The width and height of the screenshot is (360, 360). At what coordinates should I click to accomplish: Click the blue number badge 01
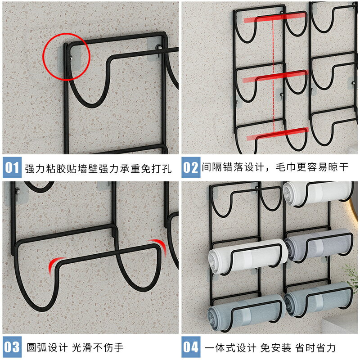(x=12, y=167)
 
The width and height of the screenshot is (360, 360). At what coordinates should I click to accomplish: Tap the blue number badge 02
(x=191, y=167)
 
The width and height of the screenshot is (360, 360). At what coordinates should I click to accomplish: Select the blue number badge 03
(x=12, y=347)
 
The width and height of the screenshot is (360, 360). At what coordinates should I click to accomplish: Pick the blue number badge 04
(x=191, y=347)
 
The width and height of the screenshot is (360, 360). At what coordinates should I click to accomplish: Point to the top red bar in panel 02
(x=275, y=17)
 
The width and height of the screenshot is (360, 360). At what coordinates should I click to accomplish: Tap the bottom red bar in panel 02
(x=277, y=134)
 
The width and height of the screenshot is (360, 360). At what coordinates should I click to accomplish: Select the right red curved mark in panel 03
(x=160, y=245)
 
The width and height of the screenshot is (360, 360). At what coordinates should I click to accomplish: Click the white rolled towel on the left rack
(x=248, y=256)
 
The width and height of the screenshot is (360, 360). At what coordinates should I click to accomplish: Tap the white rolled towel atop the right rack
(x=317, y=193)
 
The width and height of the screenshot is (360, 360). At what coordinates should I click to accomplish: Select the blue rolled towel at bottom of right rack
(x=319, y=300)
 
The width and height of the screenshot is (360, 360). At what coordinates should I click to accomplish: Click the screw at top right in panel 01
(x=159, y=48)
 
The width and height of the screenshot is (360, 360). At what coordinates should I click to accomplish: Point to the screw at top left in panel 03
(x=17, y=191)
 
